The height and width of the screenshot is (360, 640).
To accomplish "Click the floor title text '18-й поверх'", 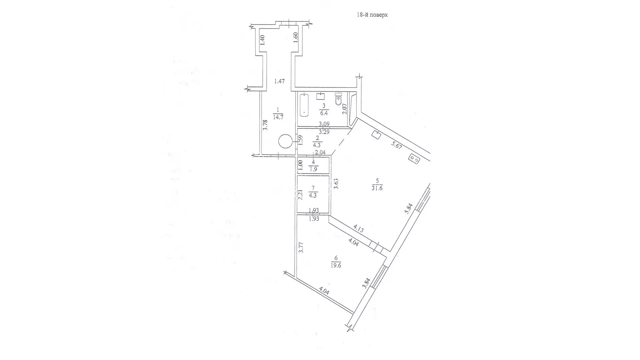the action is [x=372, y=15].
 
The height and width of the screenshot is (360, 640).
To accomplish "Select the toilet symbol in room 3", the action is [x=339, y=99].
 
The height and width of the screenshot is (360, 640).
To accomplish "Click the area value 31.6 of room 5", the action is [x=377, y=188].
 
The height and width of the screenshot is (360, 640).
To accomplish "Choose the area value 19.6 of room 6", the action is [x=336, y=266].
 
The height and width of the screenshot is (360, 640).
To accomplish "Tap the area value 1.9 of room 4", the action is [x=314, y=169].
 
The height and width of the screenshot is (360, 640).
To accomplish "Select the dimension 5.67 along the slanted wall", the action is [x=397, y=145].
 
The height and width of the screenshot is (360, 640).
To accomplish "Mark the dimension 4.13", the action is [x=358, y=229].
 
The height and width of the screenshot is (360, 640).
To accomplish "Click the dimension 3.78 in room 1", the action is [x=265, y=125].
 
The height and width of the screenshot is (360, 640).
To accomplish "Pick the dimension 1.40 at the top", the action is [x=262, y=40].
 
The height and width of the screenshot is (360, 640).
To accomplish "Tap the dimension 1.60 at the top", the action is [x=295, y=37].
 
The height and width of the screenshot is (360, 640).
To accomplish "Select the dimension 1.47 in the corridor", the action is [x=279, y=81].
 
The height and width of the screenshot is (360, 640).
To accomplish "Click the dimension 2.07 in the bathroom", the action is [x=345, y=109].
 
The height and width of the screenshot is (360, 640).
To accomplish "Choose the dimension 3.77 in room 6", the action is [x=301, y=248].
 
